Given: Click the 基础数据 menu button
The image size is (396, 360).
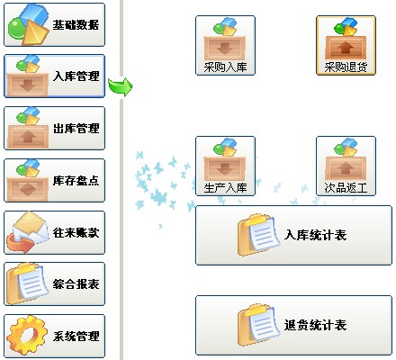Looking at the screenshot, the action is [x=54, y=24].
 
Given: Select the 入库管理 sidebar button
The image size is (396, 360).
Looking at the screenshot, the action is [x=54, y=76].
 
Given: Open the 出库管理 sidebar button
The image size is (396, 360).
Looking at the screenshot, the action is [x=54, y=128].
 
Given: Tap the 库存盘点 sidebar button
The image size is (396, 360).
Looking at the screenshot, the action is [x=54, y=180].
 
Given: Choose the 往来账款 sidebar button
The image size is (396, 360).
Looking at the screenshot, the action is [x=54, y=232].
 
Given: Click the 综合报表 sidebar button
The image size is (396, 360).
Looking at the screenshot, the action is [x=54, y=284].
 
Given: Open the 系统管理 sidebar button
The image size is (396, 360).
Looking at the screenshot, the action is [x=54, y=336].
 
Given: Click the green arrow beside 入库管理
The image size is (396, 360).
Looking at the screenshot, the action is [x=121, y=87].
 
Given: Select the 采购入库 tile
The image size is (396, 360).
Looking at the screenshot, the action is [x=225, y=45].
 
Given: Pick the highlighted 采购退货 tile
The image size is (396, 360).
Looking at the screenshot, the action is [x=346, y=45].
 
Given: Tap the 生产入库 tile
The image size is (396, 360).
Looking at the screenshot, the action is [x=225, y=166].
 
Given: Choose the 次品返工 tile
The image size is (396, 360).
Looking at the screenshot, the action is [x=346, y=166].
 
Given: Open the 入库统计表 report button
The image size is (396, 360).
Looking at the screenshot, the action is [x=293, y=235].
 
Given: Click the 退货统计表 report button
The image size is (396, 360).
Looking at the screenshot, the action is [x=293, y=325].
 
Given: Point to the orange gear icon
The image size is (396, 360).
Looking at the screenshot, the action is [x=27, y=335].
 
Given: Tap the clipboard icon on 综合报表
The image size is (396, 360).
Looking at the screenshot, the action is [x=28, y=283].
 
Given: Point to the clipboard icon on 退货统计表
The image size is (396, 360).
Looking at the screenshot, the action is [x=259, y=325].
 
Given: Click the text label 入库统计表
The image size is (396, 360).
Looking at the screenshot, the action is [x=316, y=235].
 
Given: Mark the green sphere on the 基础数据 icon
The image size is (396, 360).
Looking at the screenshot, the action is [x=17, y=28].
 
